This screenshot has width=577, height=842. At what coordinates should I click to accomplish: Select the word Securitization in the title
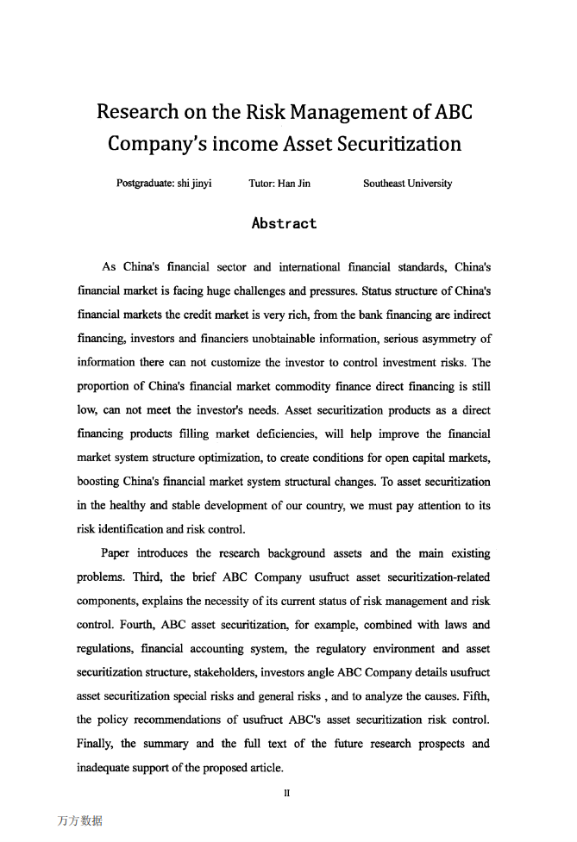pyautogui.click(x=400, y=144)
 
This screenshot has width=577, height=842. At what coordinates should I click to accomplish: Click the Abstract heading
pyautogui.click(x=284, y=224)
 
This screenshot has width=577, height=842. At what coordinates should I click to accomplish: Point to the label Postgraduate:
pyautogui.click(x=145, y=184)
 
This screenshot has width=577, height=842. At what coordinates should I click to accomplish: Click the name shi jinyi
pyautogui.click(x=194, y=184)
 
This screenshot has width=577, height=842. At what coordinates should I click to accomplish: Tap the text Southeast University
pyautogui.click(x=407, y=184)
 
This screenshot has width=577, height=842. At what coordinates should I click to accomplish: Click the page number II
pyautogui.click(x=286, y=785)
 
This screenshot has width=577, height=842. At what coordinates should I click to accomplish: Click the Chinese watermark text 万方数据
pyautogui.click(x=79, y=820)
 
